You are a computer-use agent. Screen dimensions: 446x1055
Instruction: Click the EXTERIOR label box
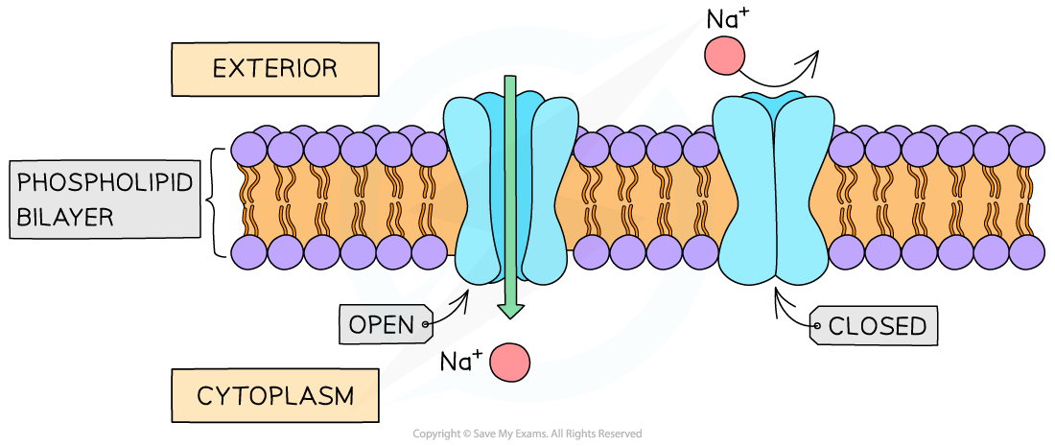(274, 69)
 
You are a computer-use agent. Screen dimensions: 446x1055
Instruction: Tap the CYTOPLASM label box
(275, 394)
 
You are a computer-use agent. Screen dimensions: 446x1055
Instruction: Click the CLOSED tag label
(876, 326)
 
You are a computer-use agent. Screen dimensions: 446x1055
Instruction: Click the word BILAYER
(65, 217)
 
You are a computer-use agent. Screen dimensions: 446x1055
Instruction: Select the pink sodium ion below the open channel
(509, 362)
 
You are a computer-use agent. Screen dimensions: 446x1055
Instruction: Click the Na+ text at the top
(728, 19)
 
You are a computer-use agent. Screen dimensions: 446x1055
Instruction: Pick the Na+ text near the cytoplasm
(461, 362)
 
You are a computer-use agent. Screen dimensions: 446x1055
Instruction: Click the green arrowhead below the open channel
(510, 310)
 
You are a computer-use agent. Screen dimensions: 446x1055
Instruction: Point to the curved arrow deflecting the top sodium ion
(782, 72)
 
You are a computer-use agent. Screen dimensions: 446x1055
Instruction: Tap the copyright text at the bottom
(527, 434)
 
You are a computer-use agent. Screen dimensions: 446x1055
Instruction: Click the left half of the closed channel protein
(744, 192)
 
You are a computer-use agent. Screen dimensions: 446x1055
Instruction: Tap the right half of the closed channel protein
(802, 192)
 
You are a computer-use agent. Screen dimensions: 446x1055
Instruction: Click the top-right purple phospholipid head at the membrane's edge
(1027, 149)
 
